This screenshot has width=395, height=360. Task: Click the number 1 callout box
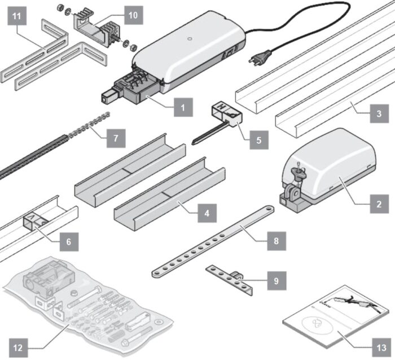coord(182,106)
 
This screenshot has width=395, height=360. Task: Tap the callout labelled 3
coord(379,115)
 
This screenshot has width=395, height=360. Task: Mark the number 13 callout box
coord(382,346)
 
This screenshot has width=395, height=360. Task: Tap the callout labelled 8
coord(275,240)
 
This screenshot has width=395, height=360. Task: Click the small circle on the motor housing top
coord(190,40)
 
